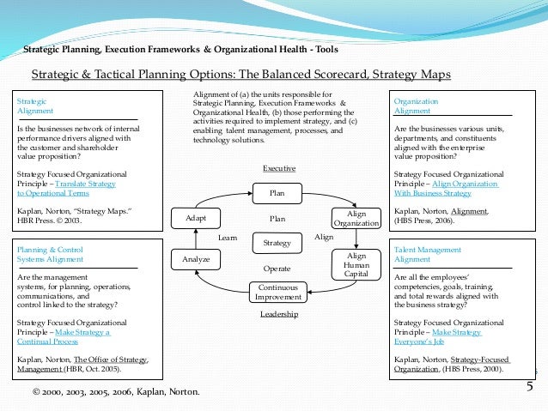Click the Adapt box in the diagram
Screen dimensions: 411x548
196,218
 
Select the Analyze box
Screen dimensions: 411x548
196,257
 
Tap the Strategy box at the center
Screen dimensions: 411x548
277,244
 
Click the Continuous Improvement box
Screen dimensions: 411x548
277,292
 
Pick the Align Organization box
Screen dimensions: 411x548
356,218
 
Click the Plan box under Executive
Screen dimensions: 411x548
277,194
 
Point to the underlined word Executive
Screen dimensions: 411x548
279,169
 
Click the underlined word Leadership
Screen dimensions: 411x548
279,315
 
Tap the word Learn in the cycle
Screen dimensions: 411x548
228,237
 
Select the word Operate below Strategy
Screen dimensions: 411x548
277,268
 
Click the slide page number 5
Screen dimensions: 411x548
530,387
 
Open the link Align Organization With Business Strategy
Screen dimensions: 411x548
437,189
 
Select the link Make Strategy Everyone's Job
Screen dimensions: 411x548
437,335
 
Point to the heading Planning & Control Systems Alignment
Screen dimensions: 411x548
50,254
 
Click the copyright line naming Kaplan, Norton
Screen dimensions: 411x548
115,392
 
